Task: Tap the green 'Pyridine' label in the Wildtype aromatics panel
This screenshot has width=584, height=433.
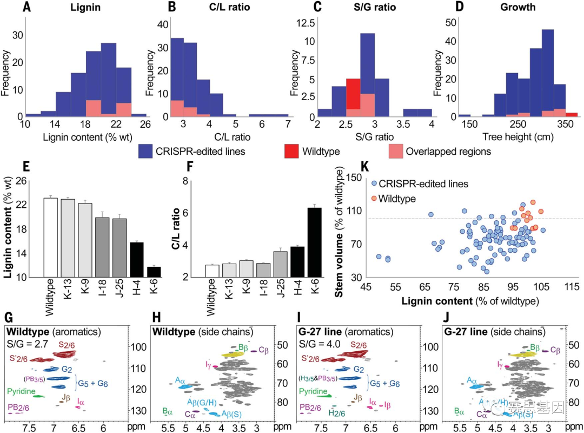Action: [x=22, y=390]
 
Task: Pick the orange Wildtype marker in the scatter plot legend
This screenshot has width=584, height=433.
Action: [x=373, y=199]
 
